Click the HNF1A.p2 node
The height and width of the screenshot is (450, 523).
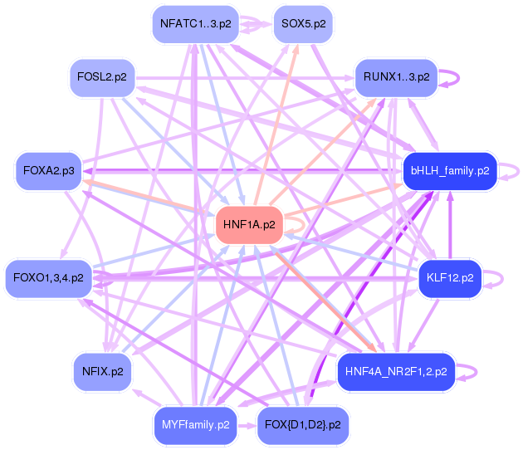click(249, 223)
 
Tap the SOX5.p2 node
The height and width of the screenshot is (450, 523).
click(303, 23)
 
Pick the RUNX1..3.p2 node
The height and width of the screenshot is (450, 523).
click(396, 77)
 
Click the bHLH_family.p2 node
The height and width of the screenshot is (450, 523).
click(449, 171)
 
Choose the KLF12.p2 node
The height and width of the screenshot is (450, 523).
click(449, 277)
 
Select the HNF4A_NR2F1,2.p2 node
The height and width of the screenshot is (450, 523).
click(396, 371)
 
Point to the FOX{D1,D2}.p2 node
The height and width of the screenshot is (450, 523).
click(302, 425)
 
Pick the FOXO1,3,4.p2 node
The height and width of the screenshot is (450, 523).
click(49, 277)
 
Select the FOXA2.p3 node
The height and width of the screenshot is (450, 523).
click(49, 171)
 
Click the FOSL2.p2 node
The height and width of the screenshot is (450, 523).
click(102, 77)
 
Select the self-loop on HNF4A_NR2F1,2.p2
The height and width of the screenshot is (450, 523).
click(472, 371)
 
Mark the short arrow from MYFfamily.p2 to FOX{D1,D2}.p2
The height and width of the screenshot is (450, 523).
click(247, 425)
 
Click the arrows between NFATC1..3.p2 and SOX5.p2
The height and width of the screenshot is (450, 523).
click(257, 25)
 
